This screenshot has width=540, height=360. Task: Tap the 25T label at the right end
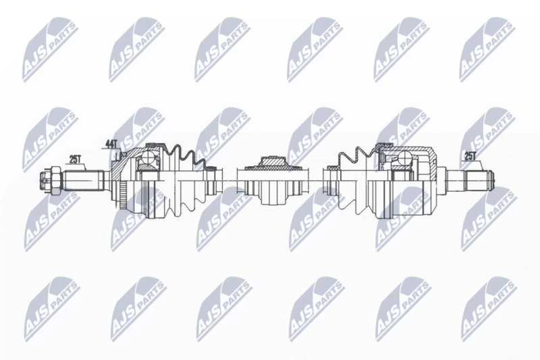coord(470,156)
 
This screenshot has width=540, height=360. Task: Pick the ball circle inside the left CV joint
coord(148,159)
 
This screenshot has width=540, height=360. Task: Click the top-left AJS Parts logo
coord(49,50)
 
